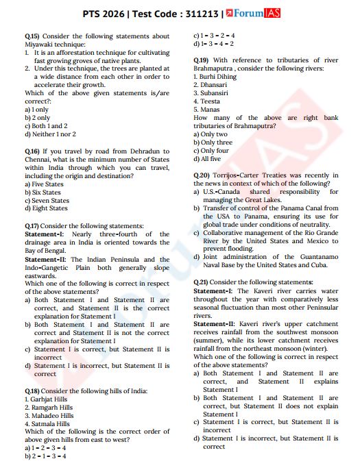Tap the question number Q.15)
(32, 36)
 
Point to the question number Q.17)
(32, 225)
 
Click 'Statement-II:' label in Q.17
(45, 260)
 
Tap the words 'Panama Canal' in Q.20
(305, 208)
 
